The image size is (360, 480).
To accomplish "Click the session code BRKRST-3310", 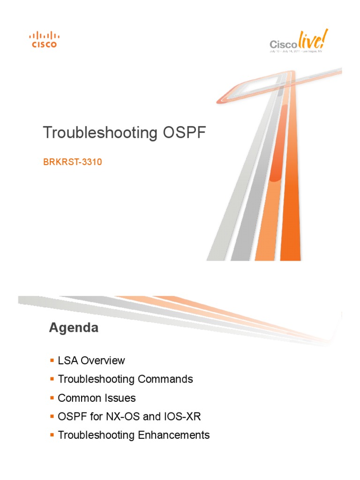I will point(73,163).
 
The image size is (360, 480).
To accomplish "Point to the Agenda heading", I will point(74,328).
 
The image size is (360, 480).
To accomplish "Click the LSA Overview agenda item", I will point(91,360).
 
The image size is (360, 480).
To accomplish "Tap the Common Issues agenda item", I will point(97,398).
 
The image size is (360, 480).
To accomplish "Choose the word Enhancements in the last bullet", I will point(173,435).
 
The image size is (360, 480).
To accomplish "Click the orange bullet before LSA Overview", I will point(52,360).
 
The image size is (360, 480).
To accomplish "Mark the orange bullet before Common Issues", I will point(52,398).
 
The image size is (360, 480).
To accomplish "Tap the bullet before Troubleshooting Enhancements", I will point(52,435).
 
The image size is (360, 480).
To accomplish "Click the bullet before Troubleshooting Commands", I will point(52,379).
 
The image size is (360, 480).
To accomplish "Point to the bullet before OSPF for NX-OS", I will point(52,416).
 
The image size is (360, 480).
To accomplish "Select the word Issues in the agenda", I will point(121,398).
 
